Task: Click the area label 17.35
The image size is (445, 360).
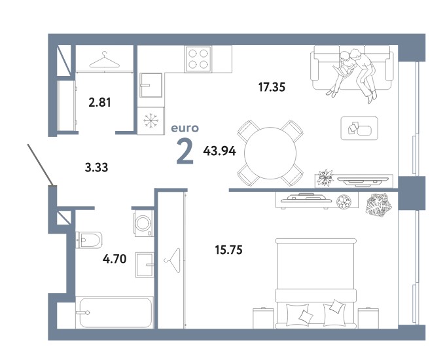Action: coord(272,87)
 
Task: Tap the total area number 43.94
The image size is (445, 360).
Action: coord(219,151)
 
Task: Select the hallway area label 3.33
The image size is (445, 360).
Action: coord(96,168)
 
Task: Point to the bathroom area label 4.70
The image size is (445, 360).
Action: coord(115,259)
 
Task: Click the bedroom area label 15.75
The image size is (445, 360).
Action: coord(229,250)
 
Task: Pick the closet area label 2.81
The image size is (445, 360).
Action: coord(99,102)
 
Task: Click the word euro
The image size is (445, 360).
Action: coord(185,128)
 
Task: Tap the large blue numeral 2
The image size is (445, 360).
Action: coord(185,153)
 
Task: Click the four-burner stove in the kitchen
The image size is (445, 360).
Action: coord(198,59)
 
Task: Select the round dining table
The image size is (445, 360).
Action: coord(270,153)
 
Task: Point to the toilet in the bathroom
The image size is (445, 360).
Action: coord(89,240)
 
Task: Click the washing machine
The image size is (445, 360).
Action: coord(143,223)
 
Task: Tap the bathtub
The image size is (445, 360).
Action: coord(115,312)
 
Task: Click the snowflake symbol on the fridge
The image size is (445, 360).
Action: coord(151,120)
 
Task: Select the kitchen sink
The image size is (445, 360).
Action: coord(151,85)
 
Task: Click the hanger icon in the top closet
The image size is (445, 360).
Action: coord(105,60)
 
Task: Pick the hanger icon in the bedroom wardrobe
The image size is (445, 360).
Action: coord(172,260)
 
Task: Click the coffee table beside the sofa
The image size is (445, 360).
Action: coord(359,128)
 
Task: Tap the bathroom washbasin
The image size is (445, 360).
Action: coord(145,264)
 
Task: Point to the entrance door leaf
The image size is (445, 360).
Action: coord(40,165)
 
